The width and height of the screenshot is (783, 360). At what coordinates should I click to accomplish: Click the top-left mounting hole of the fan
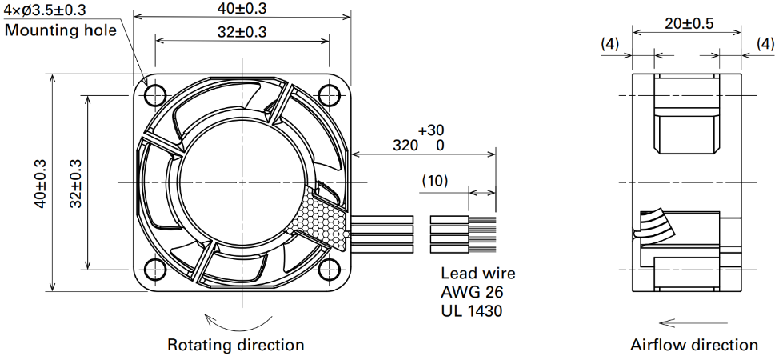click(155, 95)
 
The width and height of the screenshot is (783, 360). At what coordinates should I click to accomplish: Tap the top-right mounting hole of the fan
click(329, 95)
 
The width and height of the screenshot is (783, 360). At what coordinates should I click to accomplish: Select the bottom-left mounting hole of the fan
click(155, 270)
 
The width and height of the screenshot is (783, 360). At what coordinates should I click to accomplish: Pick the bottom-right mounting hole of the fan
click(329, 270)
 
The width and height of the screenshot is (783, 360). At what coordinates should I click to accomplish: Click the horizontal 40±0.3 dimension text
click(242, 8)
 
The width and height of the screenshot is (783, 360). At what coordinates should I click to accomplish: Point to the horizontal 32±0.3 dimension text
click(242, 32)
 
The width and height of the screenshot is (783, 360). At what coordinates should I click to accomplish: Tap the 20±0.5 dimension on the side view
click(689, 23)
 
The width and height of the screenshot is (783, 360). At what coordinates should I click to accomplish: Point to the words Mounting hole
click(61, 30)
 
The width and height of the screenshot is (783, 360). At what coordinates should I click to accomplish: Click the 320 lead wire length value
click(405, 146)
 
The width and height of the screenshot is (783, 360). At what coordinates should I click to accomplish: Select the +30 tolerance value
click(431, 131)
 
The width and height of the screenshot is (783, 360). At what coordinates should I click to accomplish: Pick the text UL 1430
click(472, 311)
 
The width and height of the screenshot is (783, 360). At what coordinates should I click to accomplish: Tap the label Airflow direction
click(694, 345)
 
